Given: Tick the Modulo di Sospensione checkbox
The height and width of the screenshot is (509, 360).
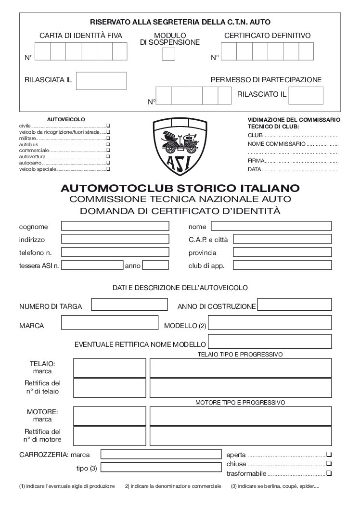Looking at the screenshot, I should [x=168, y=54].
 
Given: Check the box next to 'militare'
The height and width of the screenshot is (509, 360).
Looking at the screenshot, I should [x=108, y=138].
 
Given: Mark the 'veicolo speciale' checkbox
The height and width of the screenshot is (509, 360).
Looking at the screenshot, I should [x=108, y=169].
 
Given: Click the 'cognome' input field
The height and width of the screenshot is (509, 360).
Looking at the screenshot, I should [x=115, y=226].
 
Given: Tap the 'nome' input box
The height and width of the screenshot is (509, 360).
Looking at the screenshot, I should [x=271, y=226].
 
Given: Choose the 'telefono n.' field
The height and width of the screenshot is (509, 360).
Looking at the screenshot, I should [x=115, y=252].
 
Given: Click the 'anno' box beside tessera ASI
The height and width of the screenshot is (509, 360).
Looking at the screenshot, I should [x=155, y=265].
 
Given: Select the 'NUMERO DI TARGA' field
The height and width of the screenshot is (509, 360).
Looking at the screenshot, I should [x=129, y=305].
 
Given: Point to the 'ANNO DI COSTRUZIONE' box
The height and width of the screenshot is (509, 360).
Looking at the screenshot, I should [x=295, y=305].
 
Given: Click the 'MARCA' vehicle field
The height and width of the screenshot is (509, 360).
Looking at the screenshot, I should [x=110, y=322].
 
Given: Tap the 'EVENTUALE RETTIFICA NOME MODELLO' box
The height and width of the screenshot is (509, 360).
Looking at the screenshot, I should [x=270, y=342].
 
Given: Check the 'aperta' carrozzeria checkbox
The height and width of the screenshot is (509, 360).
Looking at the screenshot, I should [x=329, y=455].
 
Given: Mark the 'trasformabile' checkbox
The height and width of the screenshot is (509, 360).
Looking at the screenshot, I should [x=329, y=474].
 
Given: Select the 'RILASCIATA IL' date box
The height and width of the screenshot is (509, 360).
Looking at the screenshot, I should [x=101, y=81].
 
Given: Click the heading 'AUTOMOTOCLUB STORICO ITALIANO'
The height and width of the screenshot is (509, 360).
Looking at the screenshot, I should [x=180, y=188].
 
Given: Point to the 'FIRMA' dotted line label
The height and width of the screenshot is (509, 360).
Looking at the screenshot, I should [x=256, y=161].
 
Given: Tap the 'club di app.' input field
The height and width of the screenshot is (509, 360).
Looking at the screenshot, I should [x=283, y=265].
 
